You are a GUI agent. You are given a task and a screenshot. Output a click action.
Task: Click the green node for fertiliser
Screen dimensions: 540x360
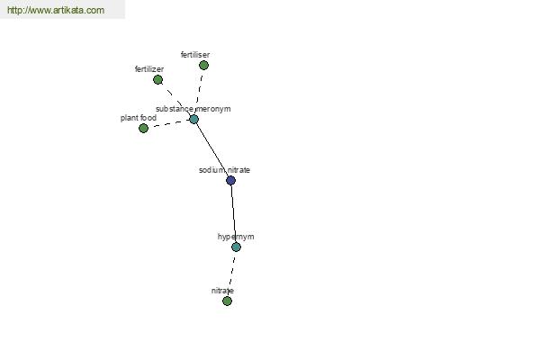coord(203,65)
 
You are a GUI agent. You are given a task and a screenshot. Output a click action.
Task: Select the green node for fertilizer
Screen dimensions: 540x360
coord(157,79)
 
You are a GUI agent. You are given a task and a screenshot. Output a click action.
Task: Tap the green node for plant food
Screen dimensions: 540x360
coord(144,128)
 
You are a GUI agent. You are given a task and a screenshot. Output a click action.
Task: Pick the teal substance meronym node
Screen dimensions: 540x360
coord(193,119)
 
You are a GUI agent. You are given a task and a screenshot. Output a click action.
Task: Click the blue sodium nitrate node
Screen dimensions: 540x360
coord(230,180)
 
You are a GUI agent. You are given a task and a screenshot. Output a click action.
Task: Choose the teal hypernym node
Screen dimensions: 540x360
coord(236,247)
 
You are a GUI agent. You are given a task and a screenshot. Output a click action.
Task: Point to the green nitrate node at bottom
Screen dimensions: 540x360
coord(227,301)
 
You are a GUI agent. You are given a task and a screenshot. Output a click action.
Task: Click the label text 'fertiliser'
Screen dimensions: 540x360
coord(195,54)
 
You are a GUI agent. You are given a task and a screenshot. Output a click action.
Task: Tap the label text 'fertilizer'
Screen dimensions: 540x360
coord(149,69)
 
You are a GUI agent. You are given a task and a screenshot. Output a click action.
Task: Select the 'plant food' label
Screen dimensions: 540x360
coord(139,118)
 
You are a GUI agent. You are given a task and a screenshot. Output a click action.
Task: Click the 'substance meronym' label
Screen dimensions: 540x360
coord(193,109)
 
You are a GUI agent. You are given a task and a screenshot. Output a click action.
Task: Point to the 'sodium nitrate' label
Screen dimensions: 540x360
coord(224,170)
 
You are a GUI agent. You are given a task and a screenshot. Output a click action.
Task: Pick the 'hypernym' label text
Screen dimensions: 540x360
coord(236,237)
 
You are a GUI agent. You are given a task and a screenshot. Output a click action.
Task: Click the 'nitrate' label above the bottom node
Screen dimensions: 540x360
coord(222,291)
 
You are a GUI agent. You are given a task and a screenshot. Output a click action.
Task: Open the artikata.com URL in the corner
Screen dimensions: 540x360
coord(56,10)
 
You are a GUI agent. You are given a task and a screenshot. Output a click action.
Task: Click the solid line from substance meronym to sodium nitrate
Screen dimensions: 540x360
coord(212,149)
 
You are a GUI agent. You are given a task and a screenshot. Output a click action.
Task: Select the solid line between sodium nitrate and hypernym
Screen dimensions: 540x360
coord(233,213)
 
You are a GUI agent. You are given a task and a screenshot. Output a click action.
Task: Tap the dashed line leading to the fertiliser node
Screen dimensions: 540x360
coord(199,91)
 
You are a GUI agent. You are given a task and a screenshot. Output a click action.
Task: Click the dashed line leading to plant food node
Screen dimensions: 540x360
coord(169,123)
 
